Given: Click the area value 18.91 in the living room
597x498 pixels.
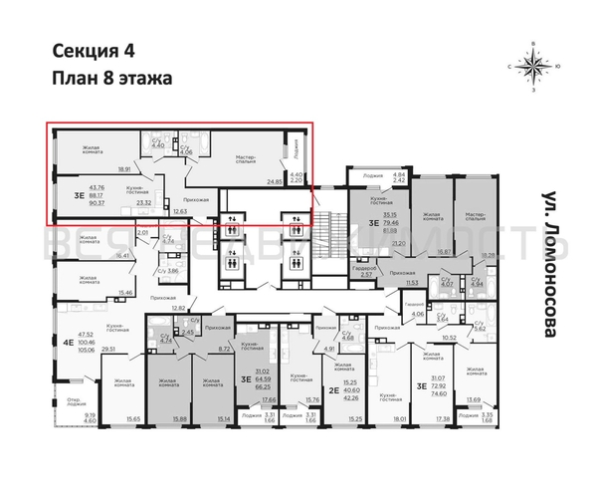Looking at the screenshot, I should (x=125, y=168).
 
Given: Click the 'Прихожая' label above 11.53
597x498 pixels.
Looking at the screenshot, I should (x=374, y=272).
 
